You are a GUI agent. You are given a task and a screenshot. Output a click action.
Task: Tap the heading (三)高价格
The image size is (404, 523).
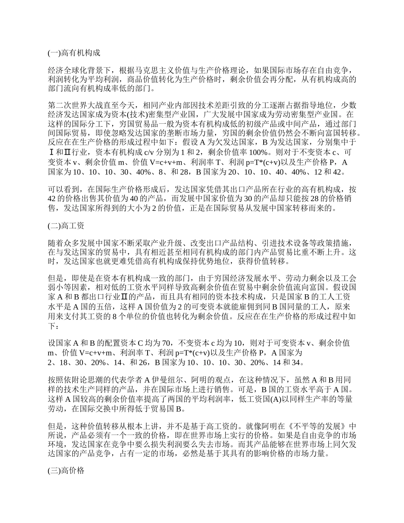(67, 471)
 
